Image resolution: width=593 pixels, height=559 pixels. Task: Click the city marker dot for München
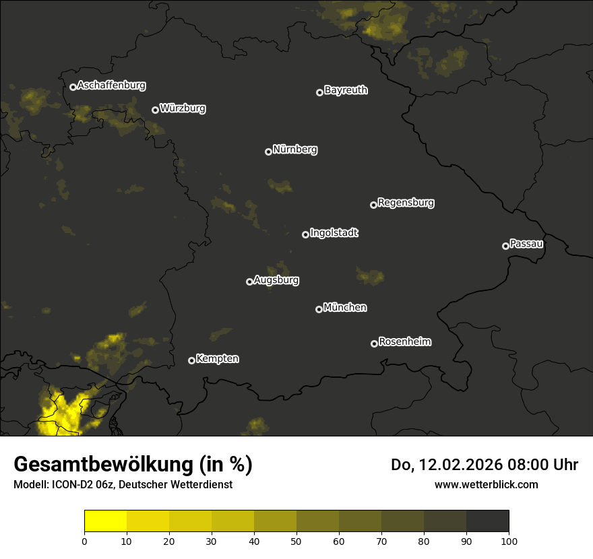coord(319,309)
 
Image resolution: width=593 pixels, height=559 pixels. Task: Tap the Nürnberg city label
coord(295,150)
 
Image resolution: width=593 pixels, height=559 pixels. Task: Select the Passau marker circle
coord(505,246)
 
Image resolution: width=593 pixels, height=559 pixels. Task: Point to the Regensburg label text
coord(406,202)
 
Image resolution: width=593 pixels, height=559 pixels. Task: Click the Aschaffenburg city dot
coord(73,87)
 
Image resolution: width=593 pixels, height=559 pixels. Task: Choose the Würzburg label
coord(183,108)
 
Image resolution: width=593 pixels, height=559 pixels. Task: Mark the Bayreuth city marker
coord(319,92)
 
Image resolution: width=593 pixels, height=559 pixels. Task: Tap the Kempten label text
coord(217,358)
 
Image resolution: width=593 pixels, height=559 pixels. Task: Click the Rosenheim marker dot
coord(374,343)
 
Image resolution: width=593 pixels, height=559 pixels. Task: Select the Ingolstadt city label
coord(334,233)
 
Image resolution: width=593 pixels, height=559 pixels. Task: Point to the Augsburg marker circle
coord(249,282)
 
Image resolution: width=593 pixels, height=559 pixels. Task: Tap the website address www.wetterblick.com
coord(486,484)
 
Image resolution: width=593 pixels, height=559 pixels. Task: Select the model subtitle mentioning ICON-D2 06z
coord(123,484)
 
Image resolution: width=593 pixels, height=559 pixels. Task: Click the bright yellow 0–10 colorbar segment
coord(106,521)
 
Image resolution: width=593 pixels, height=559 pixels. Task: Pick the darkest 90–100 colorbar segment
coord(487,521)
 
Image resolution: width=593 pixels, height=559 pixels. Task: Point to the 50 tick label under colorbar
coord(296,541)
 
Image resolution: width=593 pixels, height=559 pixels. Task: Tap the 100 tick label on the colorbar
coord(509,541)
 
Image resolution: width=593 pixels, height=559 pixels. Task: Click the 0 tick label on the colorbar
coord(84,541)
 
